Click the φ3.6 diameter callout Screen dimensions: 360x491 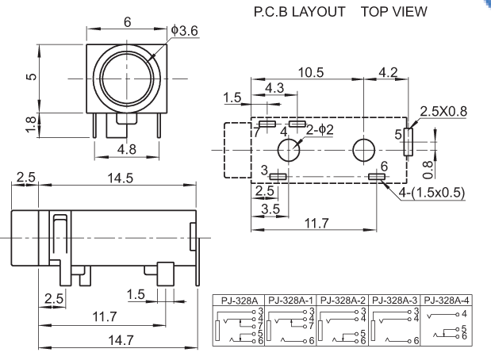pyautogui.click(x=184, y=29)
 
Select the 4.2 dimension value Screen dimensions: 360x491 pyautogui.click(x=389, y=72)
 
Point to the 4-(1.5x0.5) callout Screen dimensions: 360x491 pyautogui.click(x=432, y=192)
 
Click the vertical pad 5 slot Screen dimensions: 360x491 pyautogui.click(x=409, y=141)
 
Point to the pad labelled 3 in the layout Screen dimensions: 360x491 pyautogui.click(x=278, y=176)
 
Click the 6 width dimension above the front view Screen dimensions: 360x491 pyautogui.click(x=128, y=21)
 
